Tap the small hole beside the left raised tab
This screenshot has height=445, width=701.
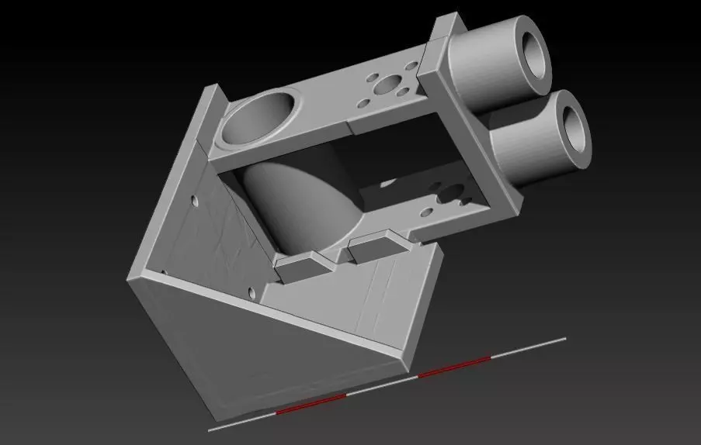coord(251,293)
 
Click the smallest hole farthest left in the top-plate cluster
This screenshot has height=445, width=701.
coord(362,102)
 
